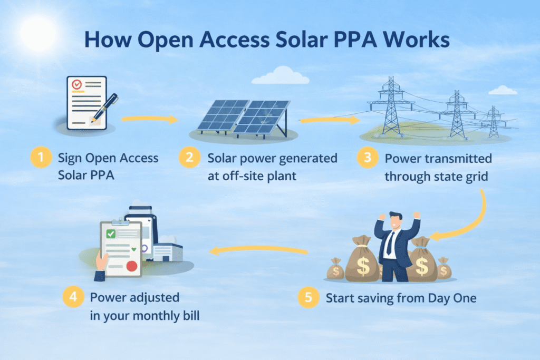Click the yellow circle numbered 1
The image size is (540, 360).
(41, 157)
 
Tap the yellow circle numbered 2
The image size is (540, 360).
(189, 157)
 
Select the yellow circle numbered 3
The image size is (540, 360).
(368, 158)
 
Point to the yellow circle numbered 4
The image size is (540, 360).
(73, 297)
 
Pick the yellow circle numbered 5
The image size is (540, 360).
(308, 297)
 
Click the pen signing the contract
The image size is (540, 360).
(105, 108)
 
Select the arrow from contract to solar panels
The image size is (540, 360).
(150, 119)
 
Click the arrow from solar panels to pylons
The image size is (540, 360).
(330, 120)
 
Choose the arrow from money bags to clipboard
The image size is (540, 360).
(258, 249)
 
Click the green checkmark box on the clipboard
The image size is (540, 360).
(111, 234)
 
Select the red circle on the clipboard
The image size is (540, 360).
(132, 266)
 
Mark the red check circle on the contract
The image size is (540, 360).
(76, 84)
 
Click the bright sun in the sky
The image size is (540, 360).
(38, 33)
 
